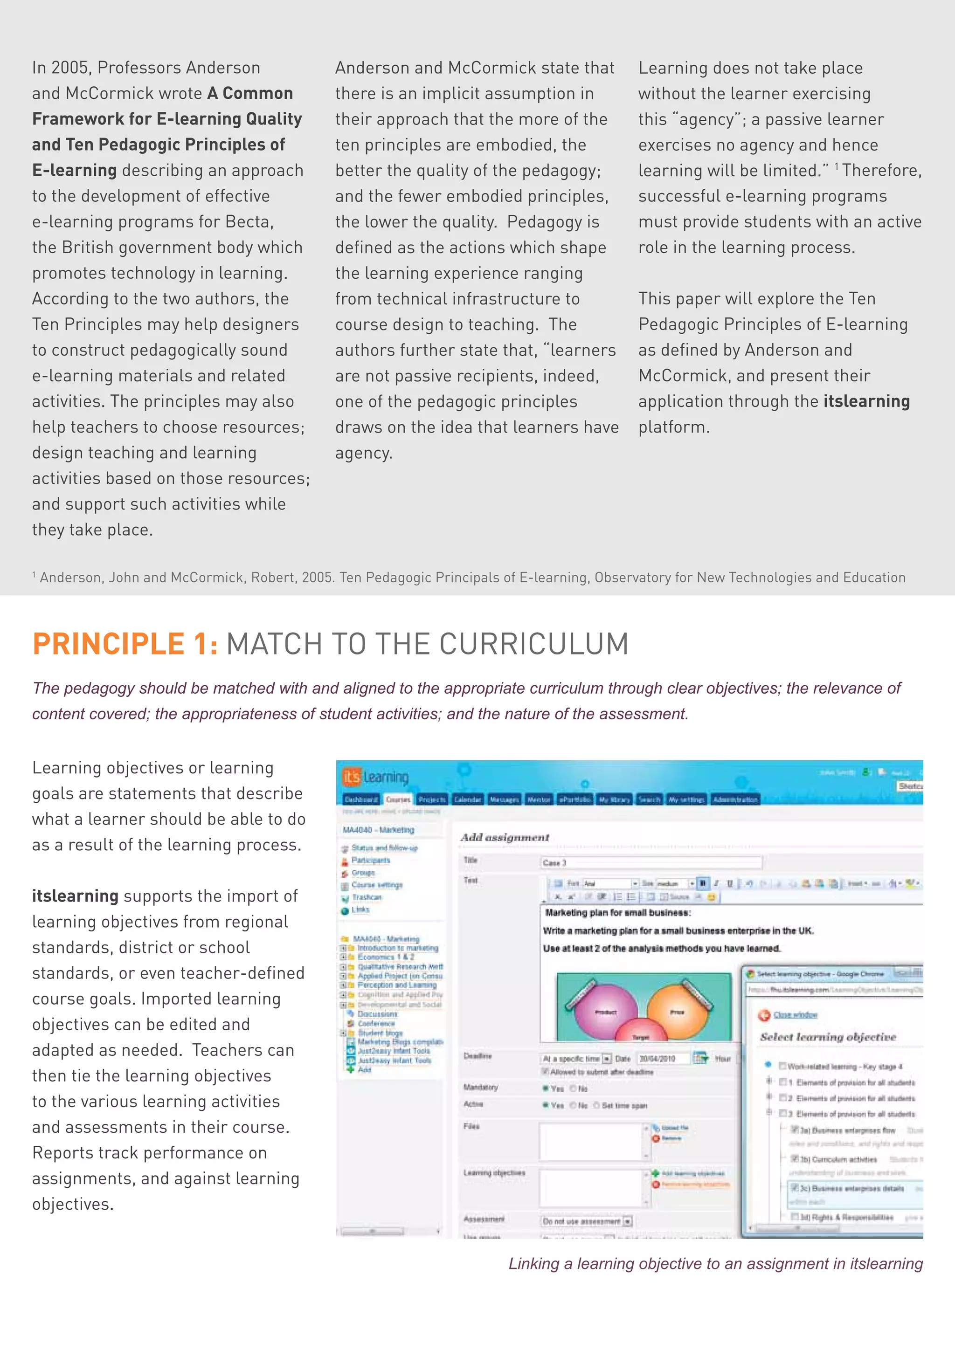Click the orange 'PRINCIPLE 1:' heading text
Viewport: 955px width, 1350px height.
[x=125, y=644]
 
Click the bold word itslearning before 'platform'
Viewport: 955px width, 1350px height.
[x=866, y=401]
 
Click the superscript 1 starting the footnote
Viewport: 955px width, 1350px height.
[x=34, y=574]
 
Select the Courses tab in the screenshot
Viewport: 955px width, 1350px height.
[x=398, y=799]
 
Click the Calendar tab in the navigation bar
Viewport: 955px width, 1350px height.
[x=468, y=799]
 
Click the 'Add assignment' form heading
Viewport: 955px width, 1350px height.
[x=505, y=837]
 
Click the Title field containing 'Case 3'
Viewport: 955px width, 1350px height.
[x=650, y=862]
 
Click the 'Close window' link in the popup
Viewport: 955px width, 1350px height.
[x=795, y=1015]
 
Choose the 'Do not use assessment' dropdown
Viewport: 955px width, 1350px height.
[x=586, y=1221]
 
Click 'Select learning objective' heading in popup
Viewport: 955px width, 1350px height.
[x=828, y=1037]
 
